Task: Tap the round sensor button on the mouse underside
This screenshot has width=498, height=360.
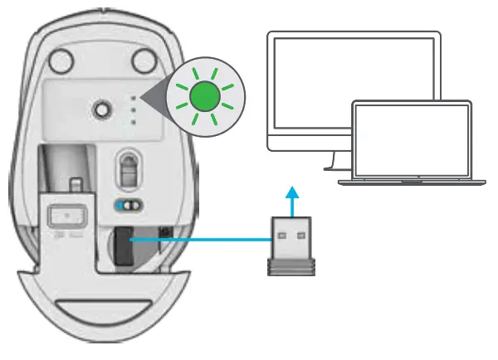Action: point(103,108)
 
